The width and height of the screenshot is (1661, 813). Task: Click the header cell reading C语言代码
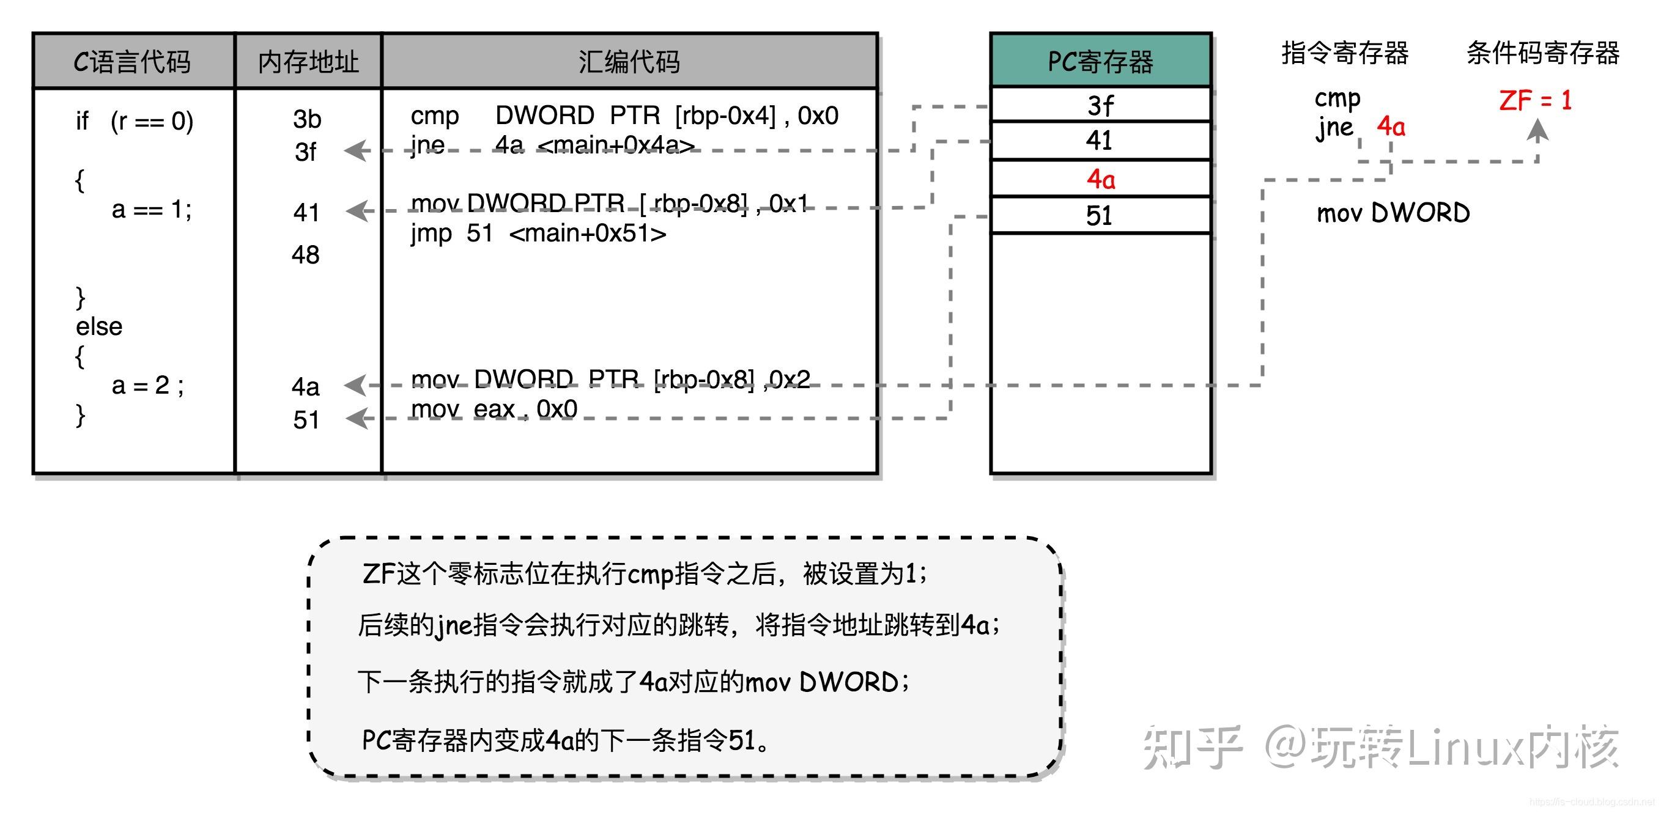click(x=133, y=61)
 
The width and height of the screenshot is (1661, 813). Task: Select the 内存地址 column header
click(x=308, y=61)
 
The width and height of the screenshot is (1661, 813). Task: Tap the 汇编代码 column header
click(x=629, y=61)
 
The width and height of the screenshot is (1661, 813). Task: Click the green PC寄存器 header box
click(x=1101, y=61)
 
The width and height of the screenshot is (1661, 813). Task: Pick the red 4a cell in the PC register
click(x=1101, y=178)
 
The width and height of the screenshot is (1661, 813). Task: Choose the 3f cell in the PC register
click(x=1101, y=105)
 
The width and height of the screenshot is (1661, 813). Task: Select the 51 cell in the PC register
click(x=1101, y=215)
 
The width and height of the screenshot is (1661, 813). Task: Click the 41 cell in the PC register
click(x=1101, y=141)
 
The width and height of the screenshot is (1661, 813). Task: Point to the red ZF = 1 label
click(x=1535, y=101)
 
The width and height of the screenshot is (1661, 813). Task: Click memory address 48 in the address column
click(x=306, y=255)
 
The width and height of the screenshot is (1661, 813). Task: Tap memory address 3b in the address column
click(x=307, y=119)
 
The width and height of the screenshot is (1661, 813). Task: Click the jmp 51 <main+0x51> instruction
click(x=538, y=234)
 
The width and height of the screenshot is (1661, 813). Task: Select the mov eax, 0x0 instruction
click(x=494, y=409)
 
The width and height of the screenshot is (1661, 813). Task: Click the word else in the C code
click(x=99, y=326)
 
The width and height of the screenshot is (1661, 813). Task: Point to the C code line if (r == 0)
click(x=134, y=121)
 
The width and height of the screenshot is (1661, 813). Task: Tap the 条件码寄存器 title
click(x=1542, y=53)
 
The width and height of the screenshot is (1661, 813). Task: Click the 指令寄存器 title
click(x=1345, y=53)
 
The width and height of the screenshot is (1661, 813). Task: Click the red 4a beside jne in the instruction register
click(x=1391, y=127)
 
